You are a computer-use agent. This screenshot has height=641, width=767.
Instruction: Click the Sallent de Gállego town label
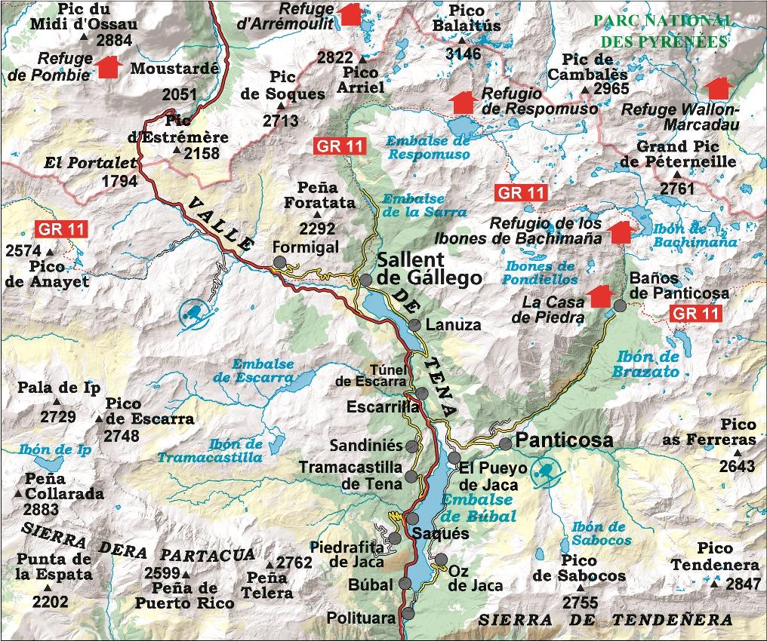point(429,268)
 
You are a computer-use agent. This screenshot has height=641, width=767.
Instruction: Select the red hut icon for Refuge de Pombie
point(109,67)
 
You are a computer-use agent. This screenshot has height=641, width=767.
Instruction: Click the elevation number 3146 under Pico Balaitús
point(463,54)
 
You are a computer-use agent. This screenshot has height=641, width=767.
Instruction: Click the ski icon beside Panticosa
point(546,473)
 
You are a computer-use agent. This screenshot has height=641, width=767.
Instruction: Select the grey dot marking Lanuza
point(414,326)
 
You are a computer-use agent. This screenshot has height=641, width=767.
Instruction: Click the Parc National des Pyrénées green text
point(661,31)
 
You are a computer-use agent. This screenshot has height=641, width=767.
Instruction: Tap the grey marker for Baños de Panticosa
point(620,305)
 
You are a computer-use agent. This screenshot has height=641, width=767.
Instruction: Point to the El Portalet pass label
point(91,162)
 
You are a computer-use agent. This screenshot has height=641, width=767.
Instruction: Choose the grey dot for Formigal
point(279,262)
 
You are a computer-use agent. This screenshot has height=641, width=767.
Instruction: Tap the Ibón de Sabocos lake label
point(601,533)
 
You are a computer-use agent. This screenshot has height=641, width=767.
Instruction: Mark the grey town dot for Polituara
point(408,613)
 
